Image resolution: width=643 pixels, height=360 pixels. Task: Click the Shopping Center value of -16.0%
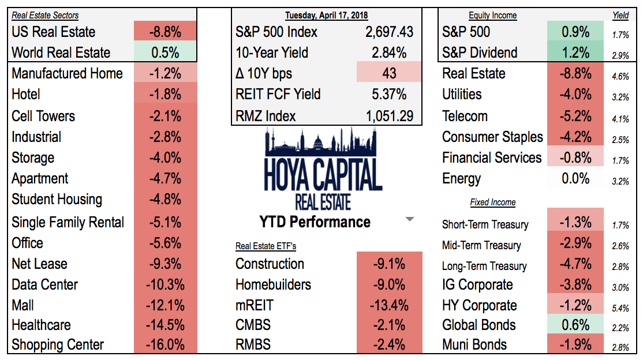[166, 344]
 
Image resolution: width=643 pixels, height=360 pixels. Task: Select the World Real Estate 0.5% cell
[166, 52]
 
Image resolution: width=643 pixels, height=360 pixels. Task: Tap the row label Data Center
[44, 284]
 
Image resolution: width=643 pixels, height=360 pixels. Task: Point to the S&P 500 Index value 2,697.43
[390, 32]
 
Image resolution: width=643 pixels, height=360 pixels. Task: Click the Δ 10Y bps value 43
[390, 73]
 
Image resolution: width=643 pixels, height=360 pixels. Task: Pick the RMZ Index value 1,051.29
[390, 115]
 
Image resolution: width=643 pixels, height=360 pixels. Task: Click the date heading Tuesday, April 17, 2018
[327, 16]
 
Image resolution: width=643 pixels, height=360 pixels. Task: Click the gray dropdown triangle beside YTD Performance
[409, 219]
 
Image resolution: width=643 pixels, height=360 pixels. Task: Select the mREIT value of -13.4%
[390, 305]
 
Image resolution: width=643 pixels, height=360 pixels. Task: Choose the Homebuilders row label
[273, 284]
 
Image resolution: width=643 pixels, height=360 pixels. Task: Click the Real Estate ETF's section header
[266, 246]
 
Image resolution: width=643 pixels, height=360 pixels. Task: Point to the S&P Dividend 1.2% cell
[575, 52]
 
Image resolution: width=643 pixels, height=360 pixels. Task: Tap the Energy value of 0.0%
[575, 178]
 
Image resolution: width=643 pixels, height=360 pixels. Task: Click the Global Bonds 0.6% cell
[575, 325]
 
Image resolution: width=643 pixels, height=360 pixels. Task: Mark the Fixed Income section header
[492, 202]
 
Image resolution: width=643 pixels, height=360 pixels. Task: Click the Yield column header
[620, 16]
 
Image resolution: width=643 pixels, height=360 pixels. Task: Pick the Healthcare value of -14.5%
[166, 325]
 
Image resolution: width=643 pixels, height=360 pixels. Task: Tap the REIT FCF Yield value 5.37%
[390, 94]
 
